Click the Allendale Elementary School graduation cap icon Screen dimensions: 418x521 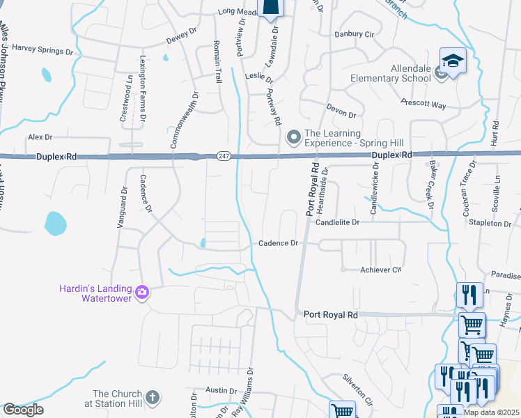click(453, 61)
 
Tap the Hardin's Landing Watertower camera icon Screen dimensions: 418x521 click(142, 292)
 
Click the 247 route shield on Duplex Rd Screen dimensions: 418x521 click(222, 155)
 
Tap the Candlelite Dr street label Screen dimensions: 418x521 click(336, 222)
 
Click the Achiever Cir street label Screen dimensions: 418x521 click(381, 270)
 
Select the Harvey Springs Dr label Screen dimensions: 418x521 click(42, 50)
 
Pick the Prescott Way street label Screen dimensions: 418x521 click(423, 104)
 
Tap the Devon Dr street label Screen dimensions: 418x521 click(341, 109)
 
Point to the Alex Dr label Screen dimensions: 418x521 click(40, 137)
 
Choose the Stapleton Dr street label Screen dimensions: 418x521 click(490, 223)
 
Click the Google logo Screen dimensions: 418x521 click(23, 410)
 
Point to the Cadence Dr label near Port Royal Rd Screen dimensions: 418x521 click(278, 243)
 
